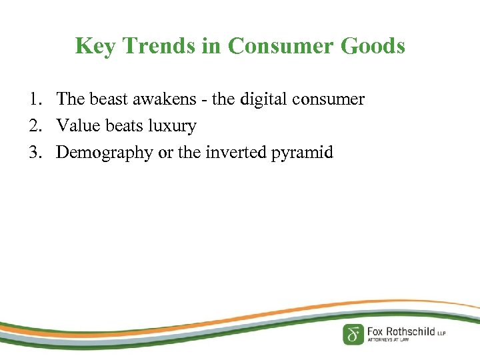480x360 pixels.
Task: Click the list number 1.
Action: [x=33, y=100]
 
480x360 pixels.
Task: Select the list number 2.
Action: [x=33, y=126]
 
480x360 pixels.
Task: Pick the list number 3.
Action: [x=33, y=153]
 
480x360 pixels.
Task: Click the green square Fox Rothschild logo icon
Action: [x=353, y=333]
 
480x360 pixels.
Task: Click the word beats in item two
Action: [x=120, y=126]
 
